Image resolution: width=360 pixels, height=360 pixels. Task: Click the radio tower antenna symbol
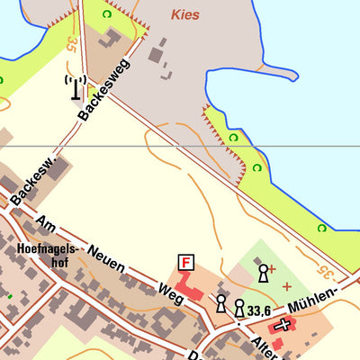[76, 88]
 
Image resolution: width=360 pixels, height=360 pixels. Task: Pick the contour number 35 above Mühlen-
[324, 270]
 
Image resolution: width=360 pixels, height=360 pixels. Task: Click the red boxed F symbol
[186, 263]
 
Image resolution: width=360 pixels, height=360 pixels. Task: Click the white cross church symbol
[284, 325]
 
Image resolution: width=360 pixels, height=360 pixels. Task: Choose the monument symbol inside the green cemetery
[263, 271]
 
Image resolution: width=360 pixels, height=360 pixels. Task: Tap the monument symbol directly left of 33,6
[239, 308]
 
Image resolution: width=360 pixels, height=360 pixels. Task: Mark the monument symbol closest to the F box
[220, 302]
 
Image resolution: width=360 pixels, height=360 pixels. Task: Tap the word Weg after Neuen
[165, 292]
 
